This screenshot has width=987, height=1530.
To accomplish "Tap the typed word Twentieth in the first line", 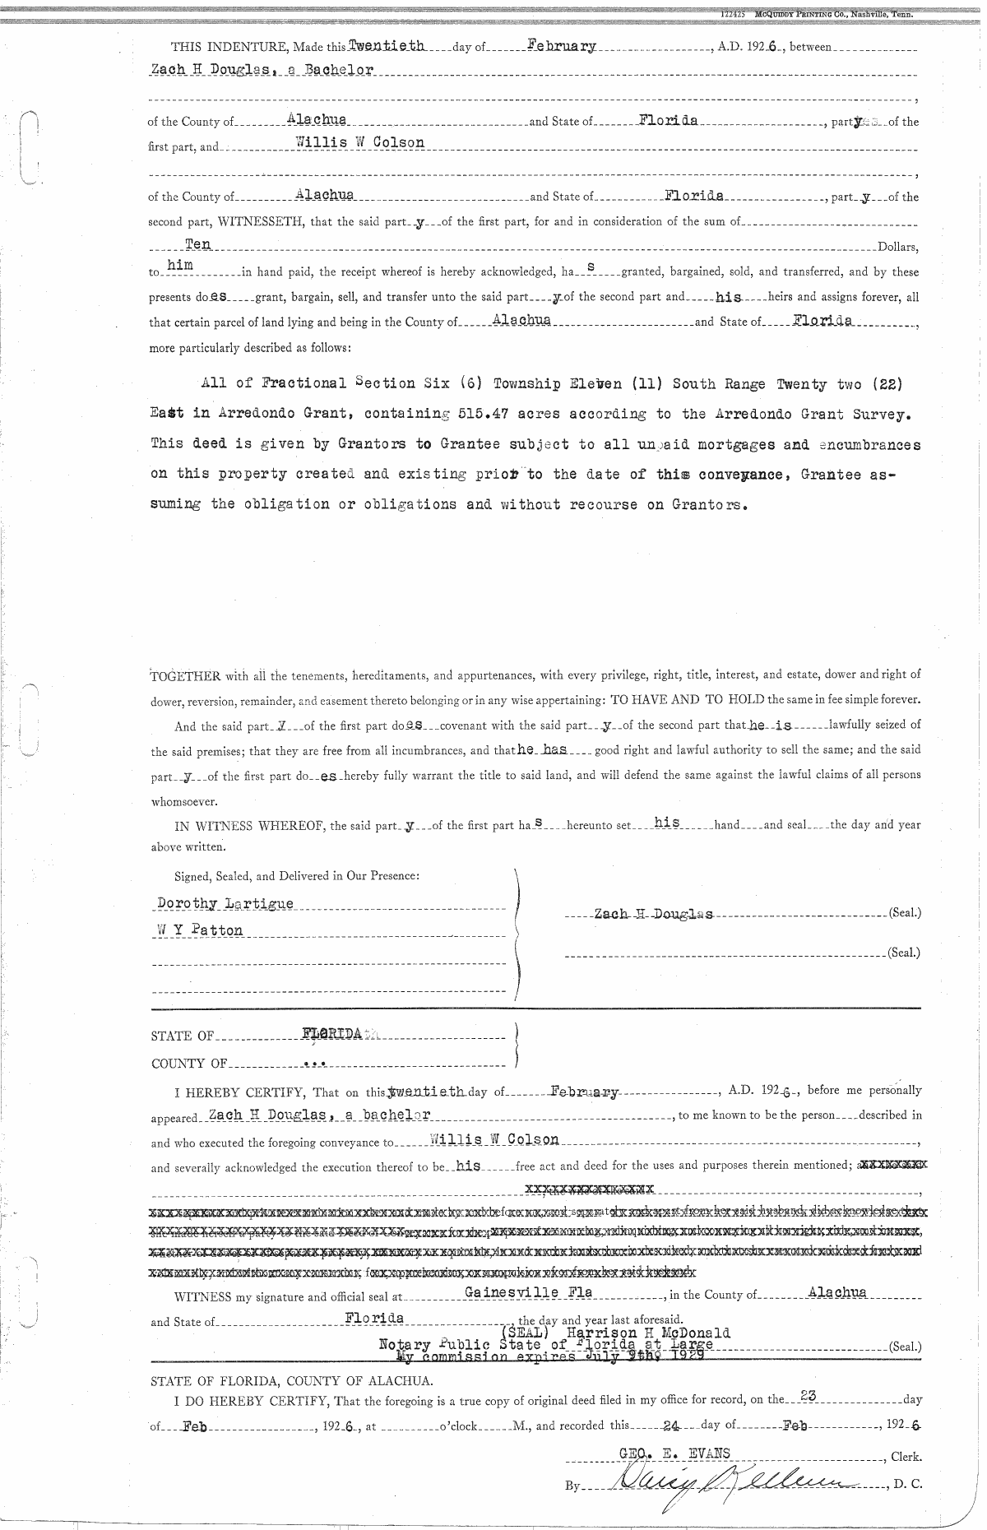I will (x=386, y=45).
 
